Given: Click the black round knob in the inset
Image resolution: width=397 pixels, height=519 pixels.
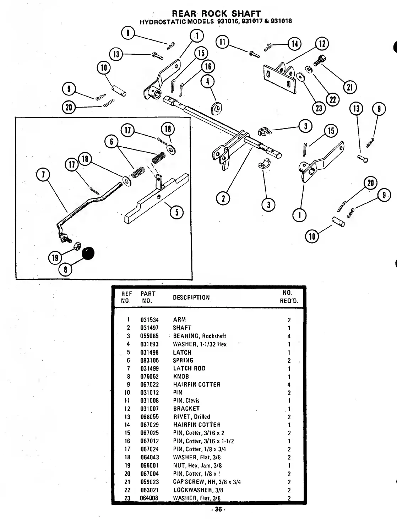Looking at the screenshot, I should (89, 253).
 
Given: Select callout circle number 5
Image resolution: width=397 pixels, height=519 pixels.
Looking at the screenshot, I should (176, 212).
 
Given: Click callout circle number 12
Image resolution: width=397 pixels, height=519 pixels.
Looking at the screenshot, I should (322, 44).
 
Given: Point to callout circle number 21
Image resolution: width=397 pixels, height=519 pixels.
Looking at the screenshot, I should (350, 87).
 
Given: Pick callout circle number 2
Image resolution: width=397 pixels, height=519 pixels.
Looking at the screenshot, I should (223, 198).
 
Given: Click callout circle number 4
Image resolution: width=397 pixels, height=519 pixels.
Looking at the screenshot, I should (208, 82).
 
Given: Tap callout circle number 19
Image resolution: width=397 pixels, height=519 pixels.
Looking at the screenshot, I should (55, 258).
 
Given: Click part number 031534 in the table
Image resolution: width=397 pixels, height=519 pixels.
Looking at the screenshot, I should (149, 320).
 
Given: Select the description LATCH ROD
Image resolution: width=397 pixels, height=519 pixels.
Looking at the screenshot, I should (189, 368).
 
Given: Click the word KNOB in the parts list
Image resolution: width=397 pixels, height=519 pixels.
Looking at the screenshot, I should (181, 377).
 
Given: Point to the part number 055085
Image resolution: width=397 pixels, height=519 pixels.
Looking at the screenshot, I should (149, 336).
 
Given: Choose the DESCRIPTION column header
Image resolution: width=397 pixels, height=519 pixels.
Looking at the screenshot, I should (191, 297).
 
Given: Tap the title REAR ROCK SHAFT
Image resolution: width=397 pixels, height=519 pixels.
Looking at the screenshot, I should (216, 14).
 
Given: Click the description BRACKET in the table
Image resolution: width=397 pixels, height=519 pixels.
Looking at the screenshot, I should (186, 409).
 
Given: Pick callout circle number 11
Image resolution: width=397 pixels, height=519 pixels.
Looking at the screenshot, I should (222, 42).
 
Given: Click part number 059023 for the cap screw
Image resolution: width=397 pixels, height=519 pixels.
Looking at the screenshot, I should (149, 482).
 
